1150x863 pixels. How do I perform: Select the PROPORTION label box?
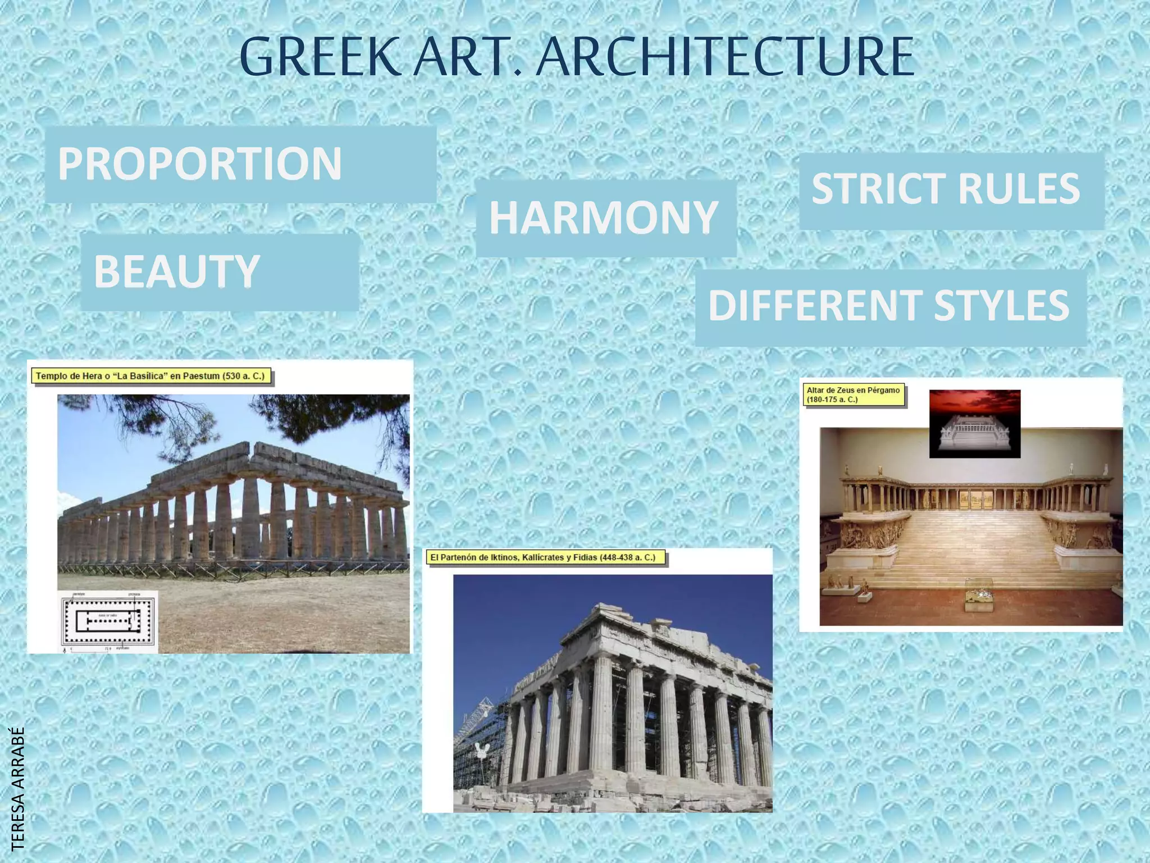[x=240, y=164]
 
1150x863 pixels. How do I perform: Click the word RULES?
[x=1019, y=189]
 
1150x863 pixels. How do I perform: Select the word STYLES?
[x=1002, y=306]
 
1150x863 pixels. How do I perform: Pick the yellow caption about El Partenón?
[x=544, y=558]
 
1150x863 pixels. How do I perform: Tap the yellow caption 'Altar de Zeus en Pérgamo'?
[x=854, y=394]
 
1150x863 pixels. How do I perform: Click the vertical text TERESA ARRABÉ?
[x=18, y=788]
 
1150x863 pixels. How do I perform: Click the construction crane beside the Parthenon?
[x=477, y=725]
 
